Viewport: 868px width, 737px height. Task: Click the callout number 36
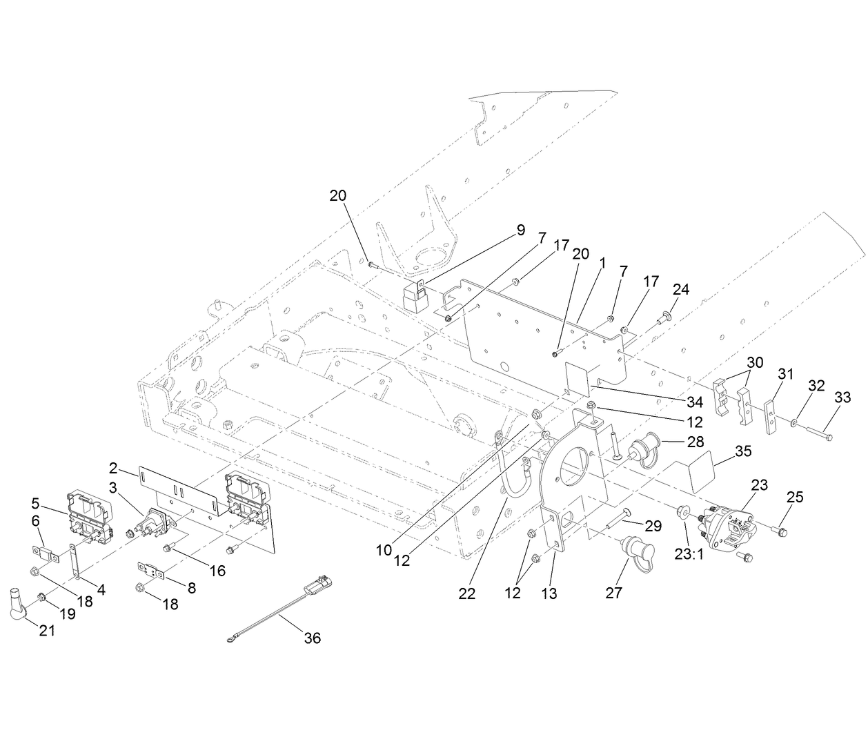tap(313, 638)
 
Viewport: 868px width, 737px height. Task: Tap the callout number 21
tap(46, 629)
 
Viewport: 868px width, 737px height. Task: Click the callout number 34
tap(694, 402)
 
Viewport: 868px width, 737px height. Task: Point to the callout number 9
tap(521, 230)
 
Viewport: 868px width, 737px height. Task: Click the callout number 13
tap(549, 593)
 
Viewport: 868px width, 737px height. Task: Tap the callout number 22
tap(467, 593)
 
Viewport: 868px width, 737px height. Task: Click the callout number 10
tap(384, 550)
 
